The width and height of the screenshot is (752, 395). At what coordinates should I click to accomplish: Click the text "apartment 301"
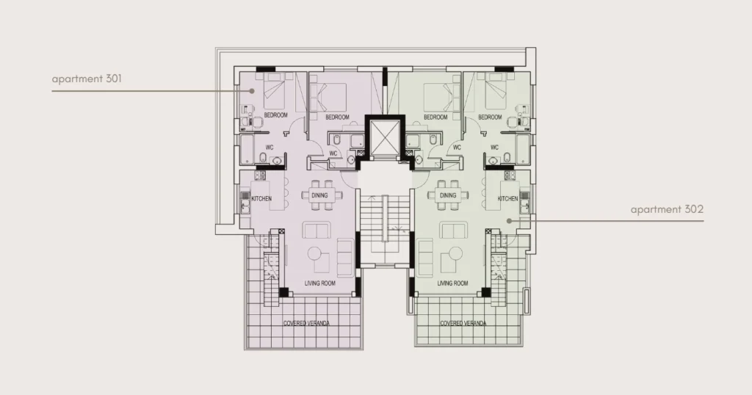point(87,79)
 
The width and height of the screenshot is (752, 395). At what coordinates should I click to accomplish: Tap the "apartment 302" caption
point(667,209)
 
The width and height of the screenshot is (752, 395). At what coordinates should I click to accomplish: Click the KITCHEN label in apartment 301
point(261,198)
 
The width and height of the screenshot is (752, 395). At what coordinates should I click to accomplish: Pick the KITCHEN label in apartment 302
point(507,198)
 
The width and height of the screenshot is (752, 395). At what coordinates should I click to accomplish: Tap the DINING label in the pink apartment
point(319,195)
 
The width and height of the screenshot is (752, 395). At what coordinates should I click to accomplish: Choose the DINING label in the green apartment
point(448,195)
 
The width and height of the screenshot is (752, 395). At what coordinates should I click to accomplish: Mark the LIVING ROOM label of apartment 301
point(320,283)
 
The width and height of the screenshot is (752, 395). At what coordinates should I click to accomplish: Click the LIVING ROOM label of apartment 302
point(452,283)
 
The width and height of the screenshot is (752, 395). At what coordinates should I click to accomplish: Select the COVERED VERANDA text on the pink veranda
point(306,323)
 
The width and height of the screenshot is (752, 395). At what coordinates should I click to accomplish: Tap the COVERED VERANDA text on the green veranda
point(463,323)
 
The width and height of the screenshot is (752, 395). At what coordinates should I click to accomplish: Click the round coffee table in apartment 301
point(315,253)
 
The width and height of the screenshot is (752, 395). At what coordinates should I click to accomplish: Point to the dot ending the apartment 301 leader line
point(252,90)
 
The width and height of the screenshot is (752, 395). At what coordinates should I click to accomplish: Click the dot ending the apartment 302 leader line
point(510,221)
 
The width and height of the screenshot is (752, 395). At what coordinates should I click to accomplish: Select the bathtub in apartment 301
point(247,150)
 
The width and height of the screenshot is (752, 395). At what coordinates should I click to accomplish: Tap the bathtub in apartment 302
point(523,150)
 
